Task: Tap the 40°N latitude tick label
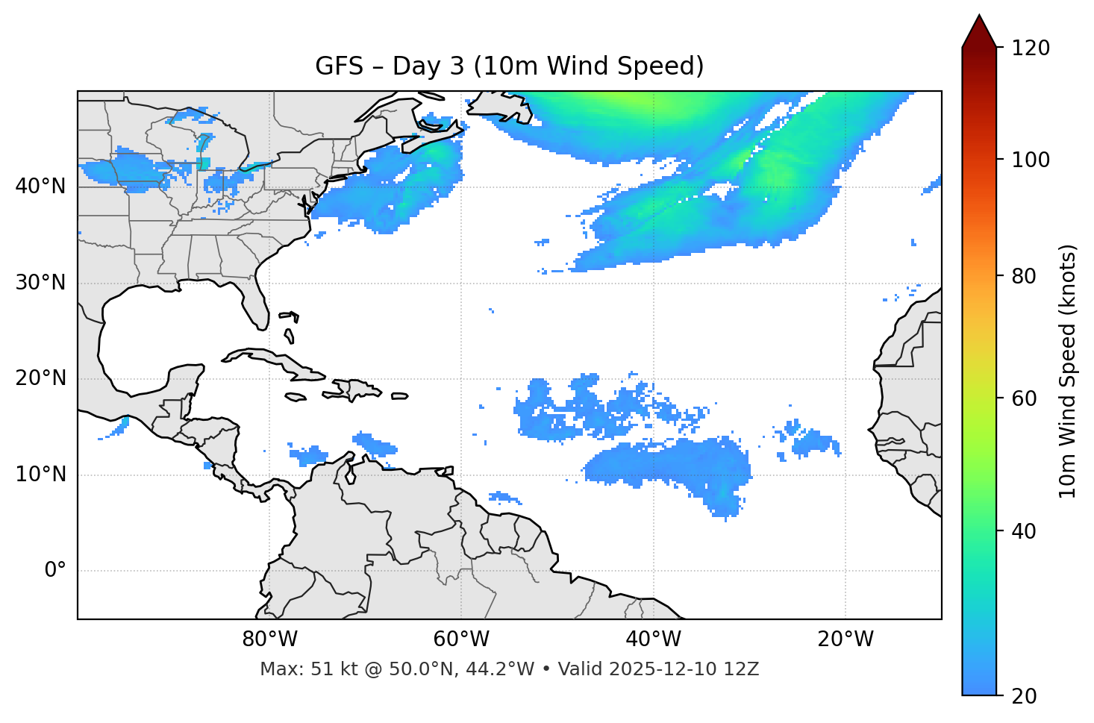(40, 187)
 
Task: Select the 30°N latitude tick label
(40, 283)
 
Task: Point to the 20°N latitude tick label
(40, 378)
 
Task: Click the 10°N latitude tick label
(40, 475)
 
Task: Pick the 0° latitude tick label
(55, 571)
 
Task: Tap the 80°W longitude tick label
(269, 639)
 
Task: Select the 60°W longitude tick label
(461, 639)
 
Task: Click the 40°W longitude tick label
(654, 639)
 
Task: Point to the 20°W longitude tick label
(845, 639)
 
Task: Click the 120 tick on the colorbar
(1031, 48)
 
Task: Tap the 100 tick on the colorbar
(1031, 160)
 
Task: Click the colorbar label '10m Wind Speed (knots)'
(1068, 371)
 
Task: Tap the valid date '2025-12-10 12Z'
(684, 669)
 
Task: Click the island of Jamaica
(296, 397)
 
